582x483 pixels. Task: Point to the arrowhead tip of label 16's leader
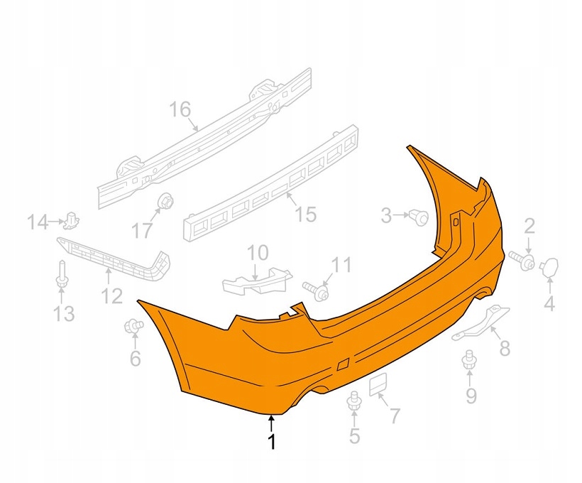[199, 131]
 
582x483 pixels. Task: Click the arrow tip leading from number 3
[409, 215]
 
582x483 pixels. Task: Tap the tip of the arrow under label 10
[255, 281]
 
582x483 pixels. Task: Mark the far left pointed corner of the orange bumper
[137, 300]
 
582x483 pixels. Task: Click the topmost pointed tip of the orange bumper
[407, 146]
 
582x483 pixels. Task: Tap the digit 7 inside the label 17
[148, 231]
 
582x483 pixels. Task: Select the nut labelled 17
[165, 201]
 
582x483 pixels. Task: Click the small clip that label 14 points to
[71, 221]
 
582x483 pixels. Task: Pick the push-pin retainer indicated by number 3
[419, 217]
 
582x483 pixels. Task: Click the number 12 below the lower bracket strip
[112, 295]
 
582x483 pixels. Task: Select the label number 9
[471, 396]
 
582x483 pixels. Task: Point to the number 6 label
[136, 359]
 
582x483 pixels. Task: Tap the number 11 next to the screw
[341, 265]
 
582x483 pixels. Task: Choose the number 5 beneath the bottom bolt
[354, 436]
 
